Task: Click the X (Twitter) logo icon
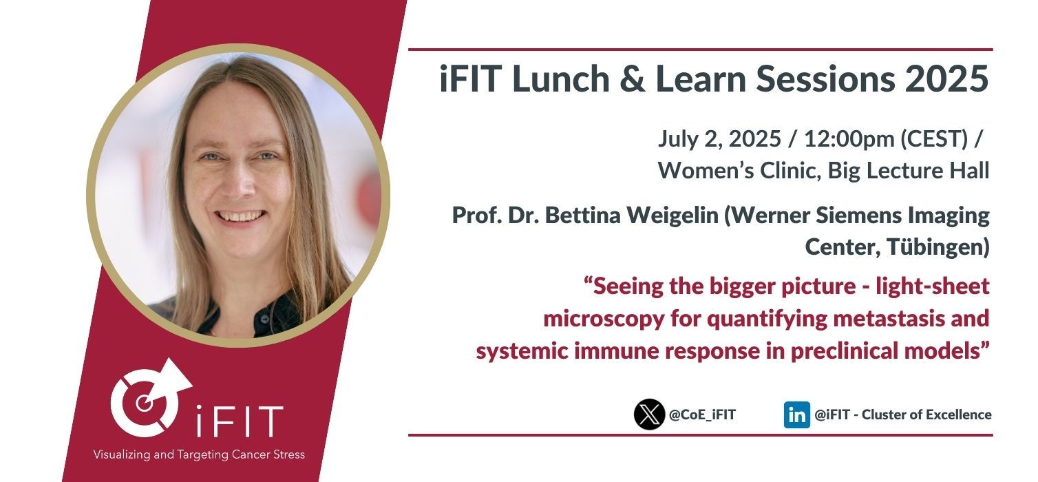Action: (649, 414)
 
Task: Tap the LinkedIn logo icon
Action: (796, 415)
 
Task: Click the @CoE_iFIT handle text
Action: (702, 415)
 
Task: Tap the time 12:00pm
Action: (849, 138)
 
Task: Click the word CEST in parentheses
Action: (935, 138)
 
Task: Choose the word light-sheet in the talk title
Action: (933, 286)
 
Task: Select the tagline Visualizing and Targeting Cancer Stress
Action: (199, 454)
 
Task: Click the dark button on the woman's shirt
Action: (264, 319)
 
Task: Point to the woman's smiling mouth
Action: (240, 216)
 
